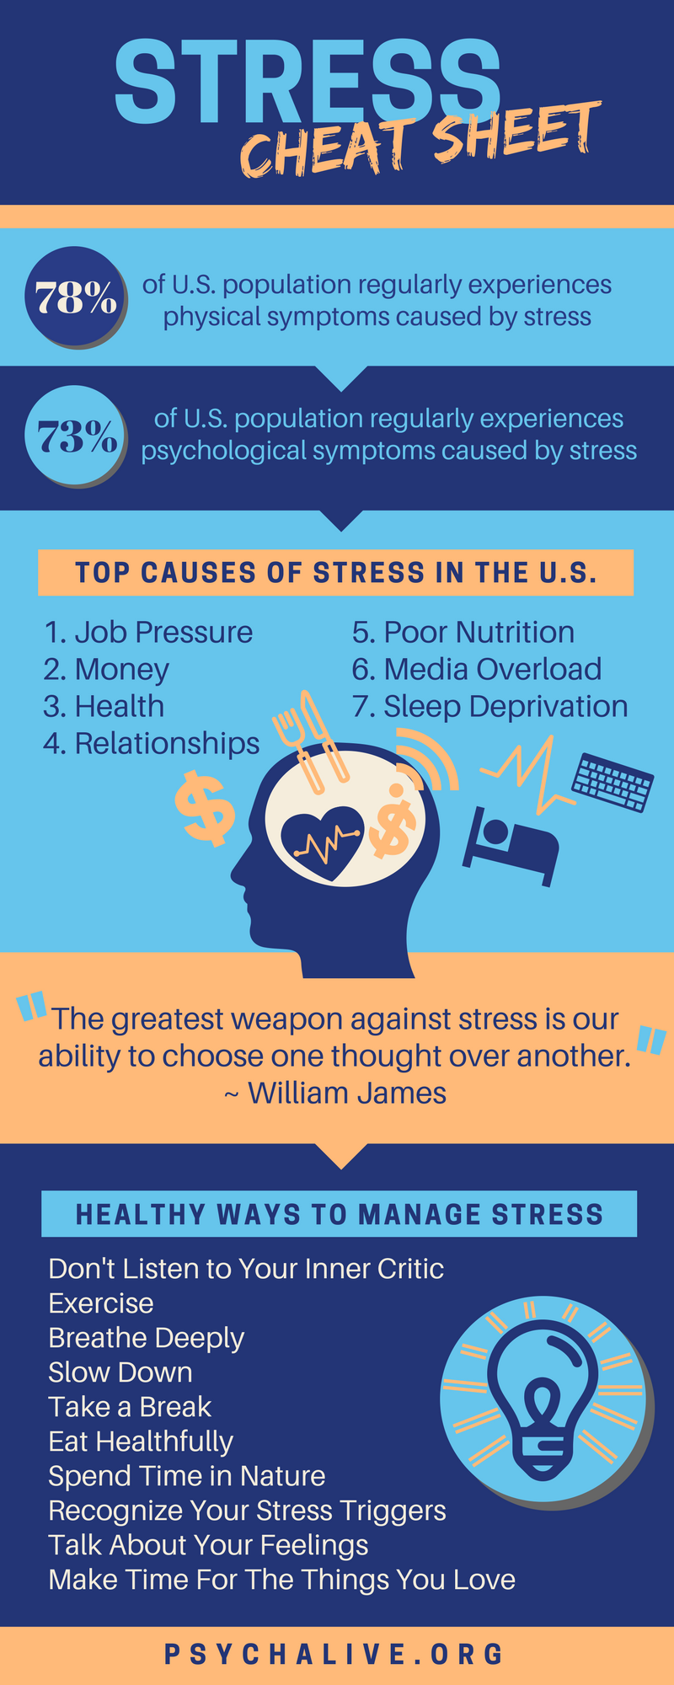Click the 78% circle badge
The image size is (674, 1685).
coord(76,297)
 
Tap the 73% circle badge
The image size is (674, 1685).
coord(76,436)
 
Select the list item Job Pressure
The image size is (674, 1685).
coord(148,632)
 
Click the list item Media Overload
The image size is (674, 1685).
coord(477,669)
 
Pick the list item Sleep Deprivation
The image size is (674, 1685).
coord(489,706)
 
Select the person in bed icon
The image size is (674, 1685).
coord(510,846)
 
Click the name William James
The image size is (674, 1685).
coord(347,1093)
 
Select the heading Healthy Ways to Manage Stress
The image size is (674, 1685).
coord(340,1214)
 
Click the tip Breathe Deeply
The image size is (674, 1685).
coord(147,1338)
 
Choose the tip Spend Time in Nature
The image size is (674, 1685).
coord(187,1476)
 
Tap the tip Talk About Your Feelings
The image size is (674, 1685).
coord(209,1545)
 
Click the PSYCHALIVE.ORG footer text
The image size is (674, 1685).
coord(334,1654)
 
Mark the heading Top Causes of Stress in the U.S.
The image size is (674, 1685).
coord(336,573)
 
